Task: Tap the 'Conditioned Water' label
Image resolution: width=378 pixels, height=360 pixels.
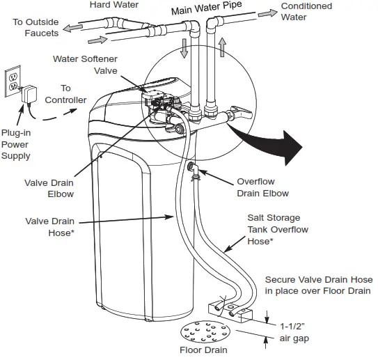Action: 306,12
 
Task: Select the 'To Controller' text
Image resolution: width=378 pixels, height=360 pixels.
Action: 65,94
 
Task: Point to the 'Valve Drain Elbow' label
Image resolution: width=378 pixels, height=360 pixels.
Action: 49,189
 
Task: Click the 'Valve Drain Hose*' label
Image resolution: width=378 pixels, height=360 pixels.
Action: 49,228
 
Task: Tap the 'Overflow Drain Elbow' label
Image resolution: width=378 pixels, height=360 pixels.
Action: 262,187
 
